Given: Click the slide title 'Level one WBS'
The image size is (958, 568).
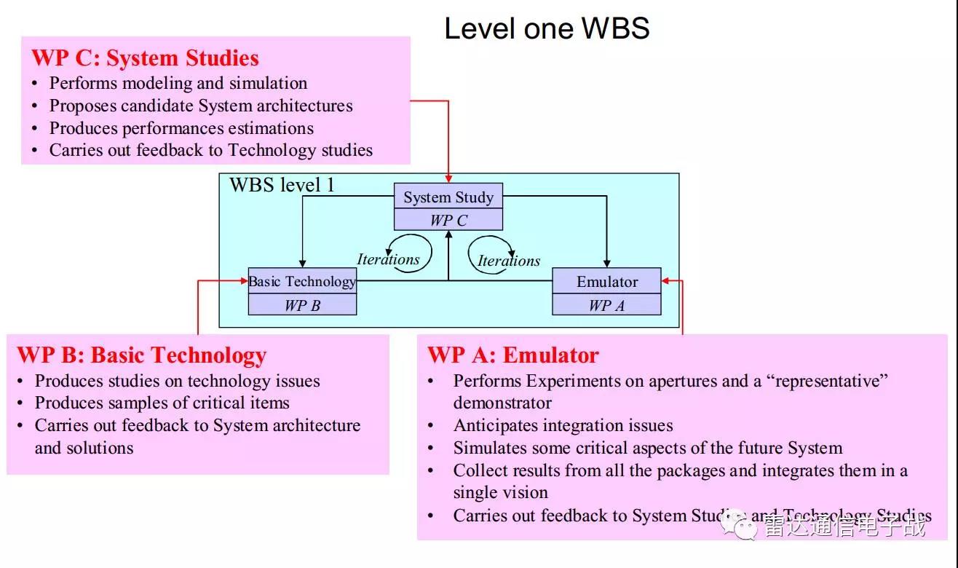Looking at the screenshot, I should [547, 28].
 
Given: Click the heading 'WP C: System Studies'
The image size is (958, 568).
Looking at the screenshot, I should [145, 58].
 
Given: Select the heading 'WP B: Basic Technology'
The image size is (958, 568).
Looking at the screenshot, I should [141, 355].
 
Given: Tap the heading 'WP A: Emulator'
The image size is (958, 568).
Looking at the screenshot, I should [512, 355].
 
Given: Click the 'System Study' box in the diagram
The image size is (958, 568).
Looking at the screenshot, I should [448, 197].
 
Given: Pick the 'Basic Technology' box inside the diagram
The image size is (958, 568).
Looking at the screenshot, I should [302, 281].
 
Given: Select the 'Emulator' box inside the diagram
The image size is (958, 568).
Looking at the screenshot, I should [606, 282].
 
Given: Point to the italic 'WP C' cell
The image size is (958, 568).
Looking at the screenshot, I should [448, 220].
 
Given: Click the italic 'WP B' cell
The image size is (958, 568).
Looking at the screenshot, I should [302, 306].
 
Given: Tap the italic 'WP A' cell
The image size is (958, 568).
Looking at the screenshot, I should [606, 306].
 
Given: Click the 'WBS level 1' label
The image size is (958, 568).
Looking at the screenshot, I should [282, 185].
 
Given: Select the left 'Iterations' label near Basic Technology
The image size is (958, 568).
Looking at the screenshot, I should [388, 259].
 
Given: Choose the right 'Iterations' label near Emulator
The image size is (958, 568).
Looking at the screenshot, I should [509, 261].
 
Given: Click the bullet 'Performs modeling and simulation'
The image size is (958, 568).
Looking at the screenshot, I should [178, 83].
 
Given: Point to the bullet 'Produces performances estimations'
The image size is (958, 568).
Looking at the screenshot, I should [181, 128].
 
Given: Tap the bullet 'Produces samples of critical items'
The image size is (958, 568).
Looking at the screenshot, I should [162, 403].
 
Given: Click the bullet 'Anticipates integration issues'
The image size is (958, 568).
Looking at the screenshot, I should [563, 425].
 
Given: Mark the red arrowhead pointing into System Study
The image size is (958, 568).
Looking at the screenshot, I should [448, 178].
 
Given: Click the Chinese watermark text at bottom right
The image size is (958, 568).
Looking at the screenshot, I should [844, 526].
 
